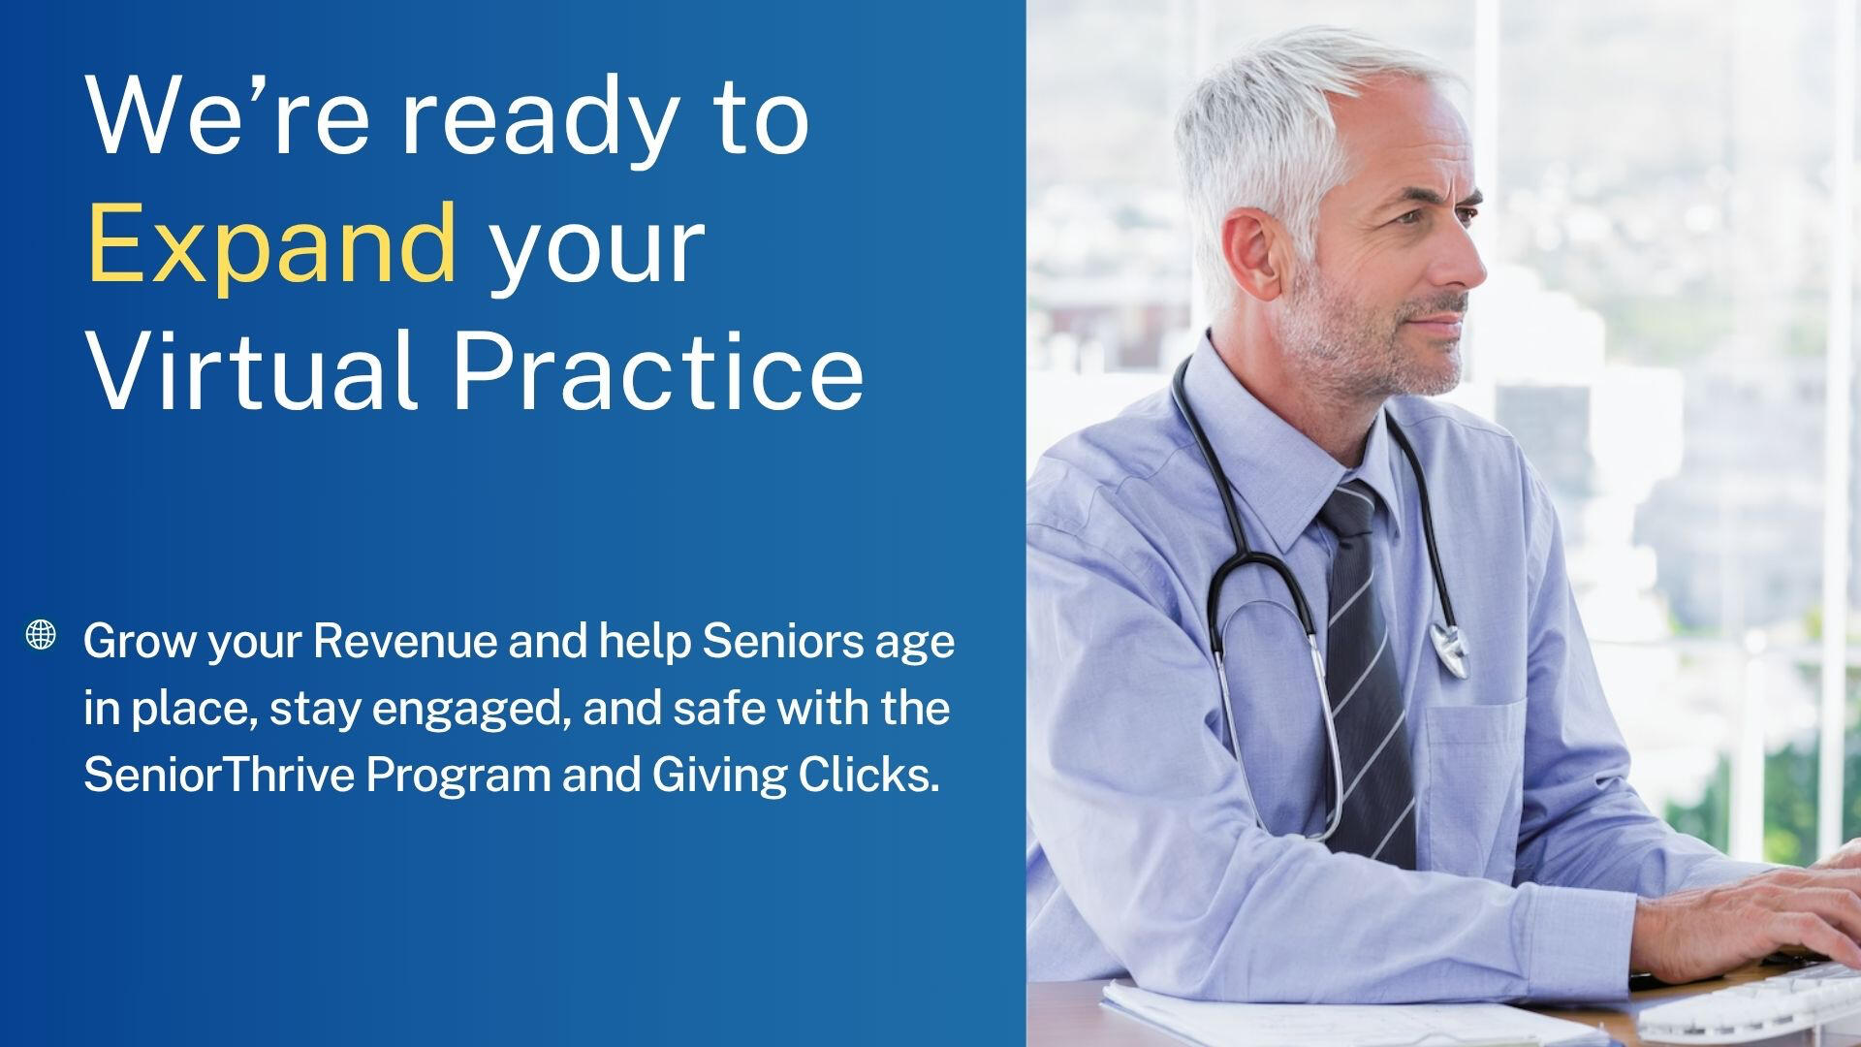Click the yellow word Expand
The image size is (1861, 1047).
coord(272,242)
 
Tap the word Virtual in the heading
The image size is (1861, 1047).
coord(253,370)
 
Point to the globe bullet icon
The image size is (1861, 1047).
coord(41,635)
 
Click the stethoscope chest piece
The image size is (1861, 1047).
coord(1449,647)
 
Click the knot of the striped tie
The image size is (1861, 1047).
coord(1348,509)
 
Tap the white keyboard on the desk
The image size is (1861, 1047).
coord(1754,1003)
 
